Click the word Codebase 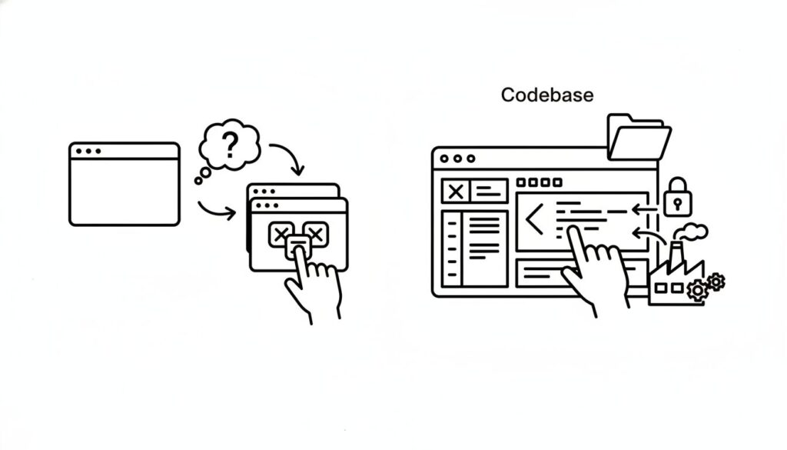pos(546,95)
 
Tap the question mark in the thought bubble pos(229,144)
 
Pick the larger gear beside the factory pos(698,290)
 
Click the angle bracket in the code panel pos(533,220)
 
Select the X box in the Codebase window pos(456,191)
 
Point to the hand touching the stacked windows pos(314,285)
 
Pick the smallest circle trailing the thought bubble pos(198,182)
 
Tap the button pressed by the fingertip pos(297,245)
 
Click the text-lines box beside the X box pos(490,191)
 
